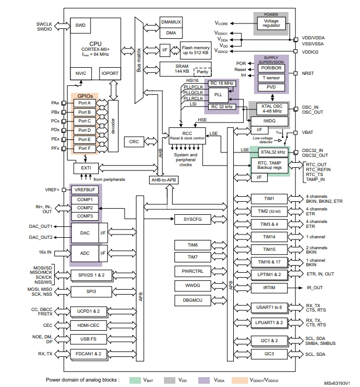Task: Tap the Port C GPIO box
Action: tap(85, 121)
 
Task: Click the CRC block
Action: tap(134, 142)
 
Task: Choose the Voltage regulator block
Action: tap(271, 24)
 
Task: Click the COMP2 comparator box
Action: tap(84, 208)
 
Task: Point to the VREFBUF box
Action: tap(84, 190)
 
